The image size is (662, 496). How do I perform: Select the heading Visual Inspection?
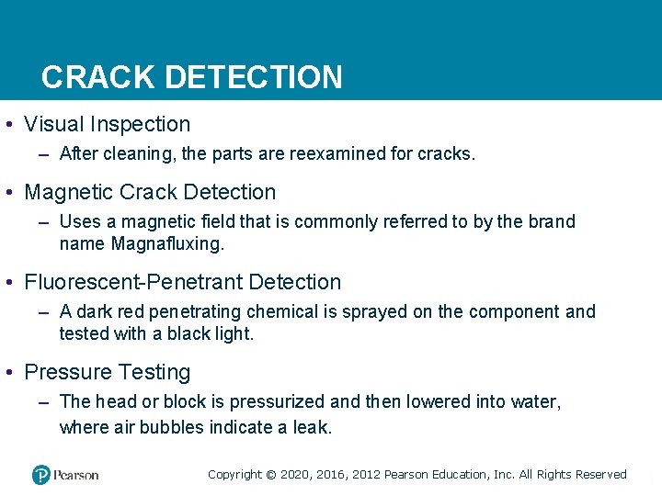(107, 124)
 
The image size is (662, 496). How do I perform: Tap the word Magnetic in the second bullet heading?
(67, 192)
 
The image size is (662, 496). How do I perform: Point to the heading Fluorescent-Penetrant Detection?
(182, 282)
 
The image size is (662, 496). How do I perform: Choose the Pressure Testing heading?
(107, 372)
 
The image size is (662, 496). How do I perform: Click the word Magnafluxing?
(166, 243)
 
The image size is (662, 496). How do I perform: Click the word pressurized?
(280, 401)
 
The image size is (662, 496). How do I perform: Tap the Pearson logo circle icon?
(40, 474)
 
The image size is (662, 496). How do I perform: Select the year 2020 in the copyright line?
(295, 474)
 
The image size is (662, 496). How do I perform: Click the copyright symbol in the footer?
(270, 475)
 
